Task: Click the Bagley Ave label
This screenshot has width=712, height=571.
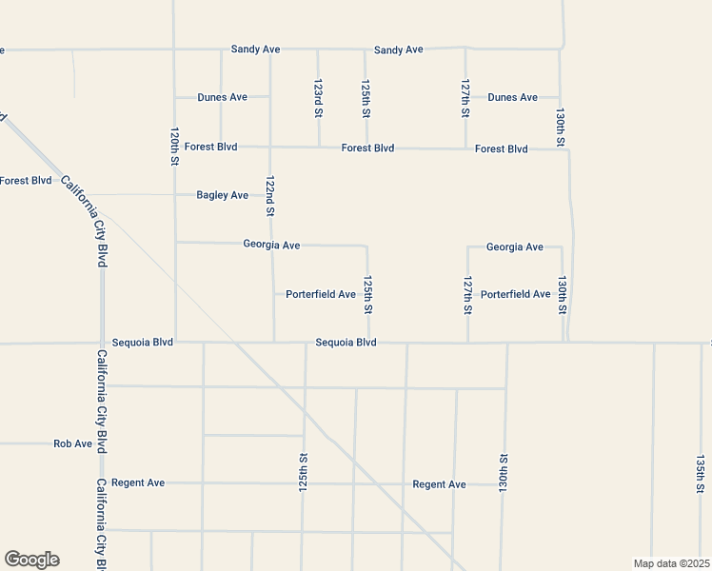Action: click(x=222, y=195)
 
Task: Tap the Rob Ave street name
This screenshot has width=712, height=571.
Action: click(x=72, y=443)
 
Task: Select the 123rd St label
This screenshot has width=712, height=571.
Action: click(x=318, y=99)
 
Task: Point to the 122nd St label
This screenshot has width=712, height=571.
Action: click(x=270, y=196)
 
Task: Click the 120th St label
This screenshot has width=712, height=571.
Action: click(x=174, y=147)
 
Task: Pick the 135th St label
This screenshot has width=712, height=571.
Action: click(x=700, y=473)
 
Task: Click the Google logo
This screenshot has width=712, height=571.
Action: click(x=31, y=560)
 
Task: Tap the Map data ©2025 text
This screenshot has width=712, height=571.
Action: click(x=670, y=563)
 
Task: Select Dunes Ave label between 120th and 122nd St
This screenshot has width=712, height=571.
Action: click(x=222, y=97)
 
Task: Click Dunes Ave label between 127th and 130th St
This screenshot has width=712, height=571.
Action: click(x=512, y=97)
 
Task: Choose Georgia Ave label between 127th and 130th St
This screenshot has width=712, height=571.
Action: click(x=514, y=247)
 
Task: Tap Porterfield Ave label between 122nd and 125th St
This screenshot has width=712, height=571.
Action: click(x=321, y=294)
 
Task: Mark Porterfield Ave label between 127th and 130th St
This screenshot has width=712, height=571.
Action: click(x=515, y=294)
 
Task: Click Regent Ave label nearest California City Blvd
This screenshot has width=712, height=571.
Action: click(x=138, y=482)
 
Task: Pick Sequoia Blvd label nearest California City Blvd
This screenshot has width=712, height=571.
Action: click(x=142, y=342)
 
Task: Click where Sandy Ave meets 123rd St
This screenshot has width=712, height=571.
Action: click(x=318, y=49)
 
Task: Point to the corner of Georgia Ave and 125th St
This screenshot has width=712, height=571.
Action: click(x=366, y=246)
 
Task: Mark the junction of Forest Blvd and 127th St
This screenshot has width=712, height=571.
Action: click(x=465, y=148)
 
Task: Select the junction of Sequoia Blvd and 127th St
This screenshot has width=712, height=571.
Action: click(x=467, y=343)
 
